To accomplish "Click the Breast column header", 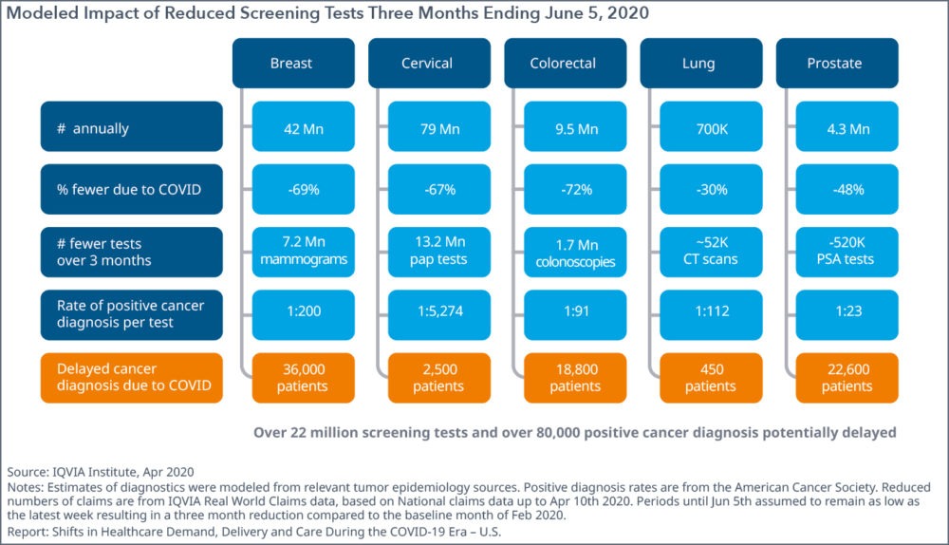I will (290, 64).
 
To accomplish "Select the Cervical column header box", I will (426, 64).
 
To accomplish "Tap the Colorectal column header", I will (563, 64).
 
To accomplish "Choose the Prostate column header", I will (834, 64).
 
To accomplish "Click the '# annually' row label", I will (131, 127).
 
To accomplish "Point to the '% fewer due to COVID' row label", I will (131, 189).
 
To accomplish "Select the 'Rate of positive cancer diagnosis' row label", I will (131, 314).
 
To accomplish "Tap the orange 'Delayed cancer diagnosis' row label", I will (131, 377).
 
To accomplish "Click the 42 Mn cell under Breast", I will (303, 127).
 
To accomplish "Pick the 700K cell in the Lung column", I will (710, 127).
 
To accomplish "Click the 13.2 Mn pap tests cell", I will (438, 252).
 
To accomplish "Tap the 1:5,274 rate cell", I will (438, 314).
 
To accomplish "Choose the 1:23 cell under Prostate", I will (847, 314).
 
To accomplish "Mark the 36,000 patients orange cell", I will (303, 377).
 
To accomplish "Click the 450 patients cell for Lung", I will (710, 377).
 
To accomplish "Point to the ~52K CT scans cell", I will (710, 252).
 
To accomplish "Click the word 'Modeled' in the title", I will (42, 13).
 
